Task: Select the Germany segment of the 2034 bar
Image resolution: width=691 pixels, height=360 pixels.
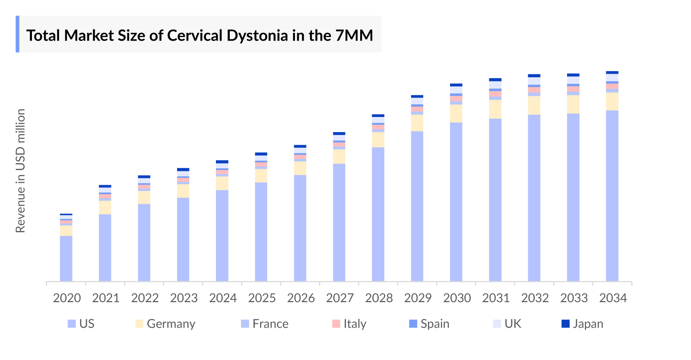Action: click(612, 101)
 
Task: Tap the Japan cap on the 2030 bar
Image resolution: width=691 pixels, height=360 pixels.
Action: click(456, 85)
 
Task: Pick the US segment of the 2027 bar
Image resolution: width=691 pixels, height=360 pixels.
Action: click(339, 222)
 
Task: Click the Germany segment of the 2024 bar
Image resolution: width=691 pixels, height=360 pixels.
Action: click(222, 183)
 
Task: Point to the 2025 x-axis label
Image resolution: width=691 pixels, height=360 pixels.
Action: click(262, 298)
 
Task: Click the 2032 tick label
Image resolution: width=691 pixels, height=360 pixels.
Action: click(535, 298)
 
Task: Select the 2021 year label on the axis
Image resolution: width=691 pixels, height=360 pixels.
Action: click(106, 298)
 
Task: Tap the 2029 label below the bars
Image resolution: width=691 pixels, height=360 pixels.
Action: click(418, 298)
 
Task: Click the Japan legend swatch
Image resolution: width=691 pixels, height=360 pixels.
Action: click(565, 324)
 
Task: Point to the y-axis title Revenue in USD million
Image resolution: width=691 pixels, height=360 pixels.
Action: click(20, 171)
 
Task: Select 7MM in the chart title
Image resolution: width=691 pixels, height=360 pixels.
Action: click(354, 35)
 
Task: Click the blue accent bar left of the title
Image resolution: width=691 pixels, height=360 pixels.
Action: click(18, 34)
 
